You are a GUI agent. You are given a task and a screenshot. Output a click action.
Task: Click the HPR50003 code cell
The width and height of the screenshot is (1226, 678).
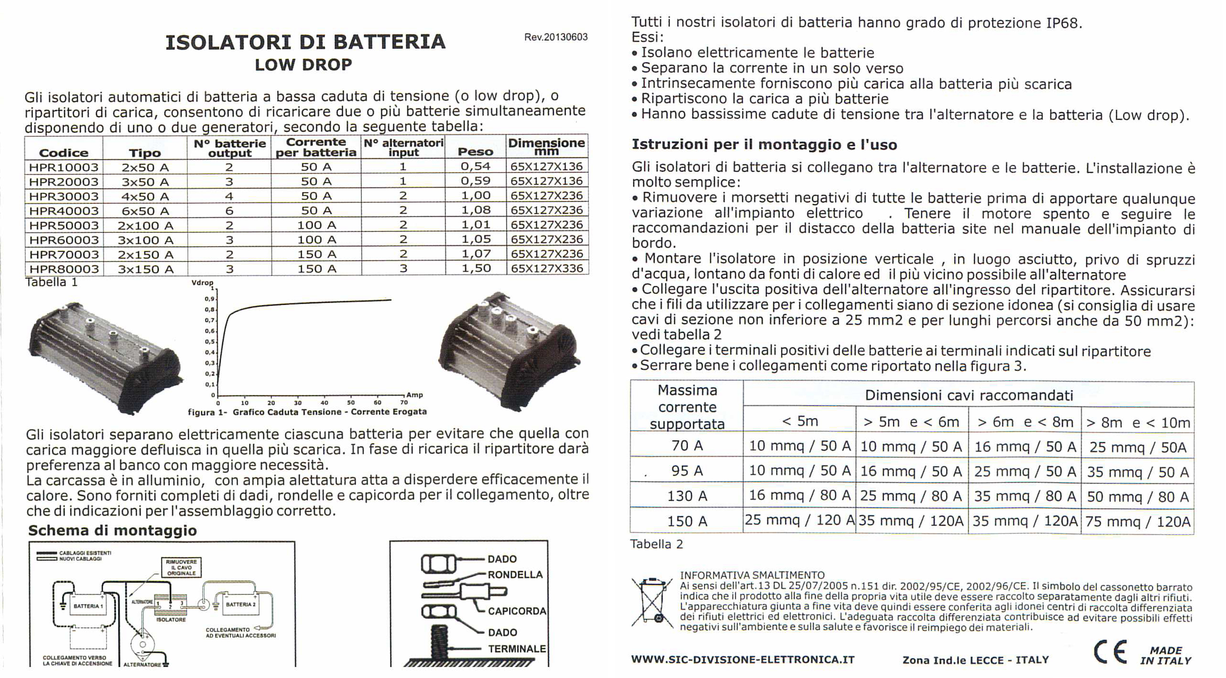[x=64, y=225]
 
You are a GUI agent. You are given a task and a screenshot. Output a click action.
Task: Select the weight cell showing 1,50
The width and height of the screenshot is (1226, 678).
[x=476, y=268]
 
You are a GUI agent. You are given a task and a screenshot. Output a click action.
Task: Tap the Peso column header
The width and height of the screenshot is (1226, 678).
[x=475, y=152]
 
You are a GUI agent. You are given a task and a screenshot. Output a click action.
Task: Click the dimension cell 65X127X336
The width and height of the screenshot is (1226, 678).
[x=547, y=268]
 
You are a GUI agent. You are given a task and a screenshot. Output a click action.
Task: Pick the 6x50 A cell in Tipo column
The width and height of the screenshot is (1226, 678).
[x=144, y=211]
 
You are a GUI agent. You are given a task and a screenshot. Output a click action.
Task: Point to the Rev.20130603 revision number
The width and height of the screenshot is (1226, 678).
[x=555, y=37]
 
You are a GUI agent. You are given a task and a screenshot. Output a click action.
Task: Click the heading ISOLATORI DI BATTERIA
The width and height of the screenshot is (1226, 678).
[x=305, y=42]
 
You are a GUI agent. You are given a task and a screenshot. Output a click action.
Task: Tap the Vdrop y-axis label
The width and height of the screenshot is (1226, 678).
[x=202, y=283]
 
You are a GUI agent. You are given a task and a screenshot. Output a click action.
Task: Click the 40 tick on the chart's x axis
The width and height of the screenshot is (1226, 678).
[x=324, y=403]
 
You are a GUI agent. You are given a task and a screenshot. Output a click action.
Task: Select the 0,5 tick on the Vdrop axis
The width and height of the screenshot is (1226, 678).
[x=209, y=341]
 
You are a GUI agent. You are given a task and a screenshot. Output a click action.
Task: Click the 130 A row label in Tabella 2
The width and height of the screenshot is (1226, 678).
[x=687, y=496]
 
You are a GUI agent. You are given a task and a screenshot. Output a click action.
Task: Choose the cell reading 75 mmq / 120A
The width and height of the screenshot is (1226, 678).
[x=1138, y=521]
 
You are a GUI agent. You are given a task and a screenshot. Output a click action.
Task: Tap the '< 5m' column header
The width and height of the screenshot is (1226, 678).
[x=800, y=421]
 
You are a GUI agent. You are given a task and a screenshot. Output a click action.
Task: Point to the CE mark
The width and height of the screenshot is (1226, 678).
[x=1110, y=652]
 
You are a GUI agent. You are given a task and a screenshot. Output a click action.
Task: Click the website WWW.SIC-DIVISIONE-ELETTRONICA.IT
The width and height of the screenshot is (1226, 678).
[x=742, y=660]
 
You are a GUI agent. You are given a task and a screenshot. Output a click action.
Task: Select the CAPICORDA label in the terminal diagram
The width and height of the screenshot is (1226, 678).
[x=516, y=611]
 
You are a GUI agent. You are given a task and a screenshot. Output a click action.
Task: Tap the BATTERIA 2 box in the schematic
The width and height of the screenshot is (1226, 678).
[x=240, y=604]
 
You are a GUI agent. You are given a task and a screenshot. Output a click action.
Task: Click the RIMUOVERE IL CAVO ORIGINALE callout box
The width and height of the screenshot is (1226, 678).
[x=182, y=568]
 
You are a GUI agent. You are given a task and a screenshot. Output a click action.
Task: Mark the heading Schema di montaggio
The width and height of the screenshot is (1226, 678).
[x=112, y=530]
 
